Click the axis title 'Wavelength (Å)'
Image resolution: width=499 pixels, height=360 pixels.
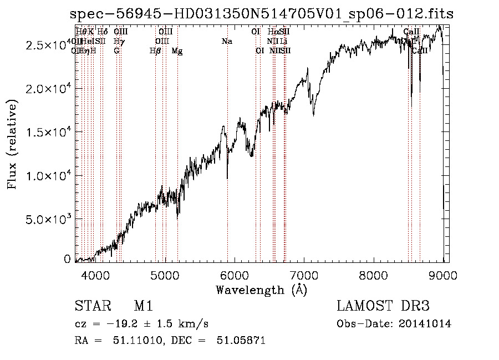261,290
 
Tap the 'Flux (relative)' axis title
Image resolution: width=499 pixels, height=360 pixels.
12,144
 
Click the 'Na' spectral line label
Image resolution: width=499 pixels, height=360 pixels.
226,41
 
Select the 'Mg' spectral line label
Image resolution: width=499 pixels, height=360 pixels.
177,51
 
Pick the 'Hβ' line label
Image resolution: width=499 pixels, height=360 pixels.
155,51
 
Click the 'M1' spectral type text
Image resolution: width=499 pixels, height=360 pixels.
143,306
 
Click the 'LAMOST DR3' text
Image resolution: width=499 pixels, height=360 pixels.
383,306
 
